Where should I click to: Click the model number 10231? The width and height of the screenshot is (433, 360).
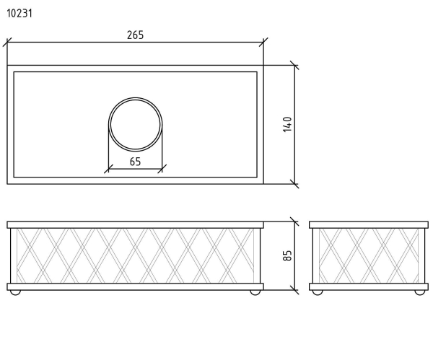pos(19,13)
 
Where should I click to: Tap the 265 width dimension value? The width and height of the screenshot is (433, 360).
pos(136,35)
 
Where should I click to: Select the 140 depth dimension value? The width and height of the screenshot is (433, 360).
pos(287,125)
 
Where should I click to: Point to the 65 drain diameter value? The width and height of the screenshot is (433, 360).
pos(136,162)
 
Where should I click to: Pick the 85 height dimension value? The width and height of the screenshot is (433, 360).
pos(287,255)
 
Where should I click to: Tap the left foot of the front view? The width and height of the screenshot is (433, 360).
pos(15,292)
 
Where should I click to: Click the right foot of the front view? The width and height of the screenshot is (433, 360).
pos(255,292)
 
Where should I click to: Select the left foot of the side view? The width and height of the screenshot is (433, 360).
pos(318,292)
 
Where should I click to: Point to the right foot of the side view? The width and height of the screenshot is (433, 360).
pos(420,292)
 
